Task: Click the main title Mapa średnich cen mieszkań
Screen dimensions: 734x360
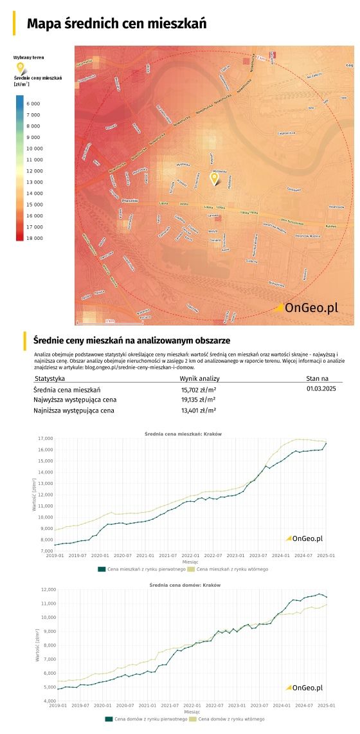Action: [116, 24]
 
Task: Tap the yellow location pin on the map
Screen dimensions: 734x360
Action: [215, 178]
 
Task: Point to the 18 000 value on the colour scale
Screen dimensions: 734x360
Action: [33, 238]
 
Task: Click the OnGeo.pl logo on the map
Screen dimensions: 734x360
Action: [306, 308]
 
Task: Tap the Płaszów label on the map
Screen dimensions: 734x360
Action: [130, 201]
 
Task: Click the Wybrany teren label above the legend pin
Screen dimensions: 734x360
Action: [29, 58]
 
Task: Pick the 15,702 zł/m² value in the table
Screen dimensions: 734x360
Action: [198, 390]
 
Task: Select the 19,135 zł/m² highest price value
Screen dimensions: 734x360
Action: [198, 400]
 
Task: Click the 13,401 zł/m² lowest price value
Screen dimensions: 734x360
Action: [198, 410]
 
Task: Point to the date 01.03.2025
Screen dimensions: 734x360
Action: [321, 389]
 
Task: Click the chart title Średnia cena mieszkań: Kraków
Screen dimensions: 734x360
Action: [183, 434]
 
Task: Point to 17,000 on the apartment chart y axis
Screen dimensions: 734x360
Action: [45, 439]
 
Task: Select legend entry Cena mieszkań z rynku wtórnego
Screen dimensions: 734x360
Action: [232, 569]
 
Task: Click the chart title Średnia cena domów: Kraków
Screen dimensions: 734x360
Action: [184, 585]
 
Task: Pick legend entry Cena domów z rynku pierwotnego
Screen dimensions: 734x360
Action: [147, 719]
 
